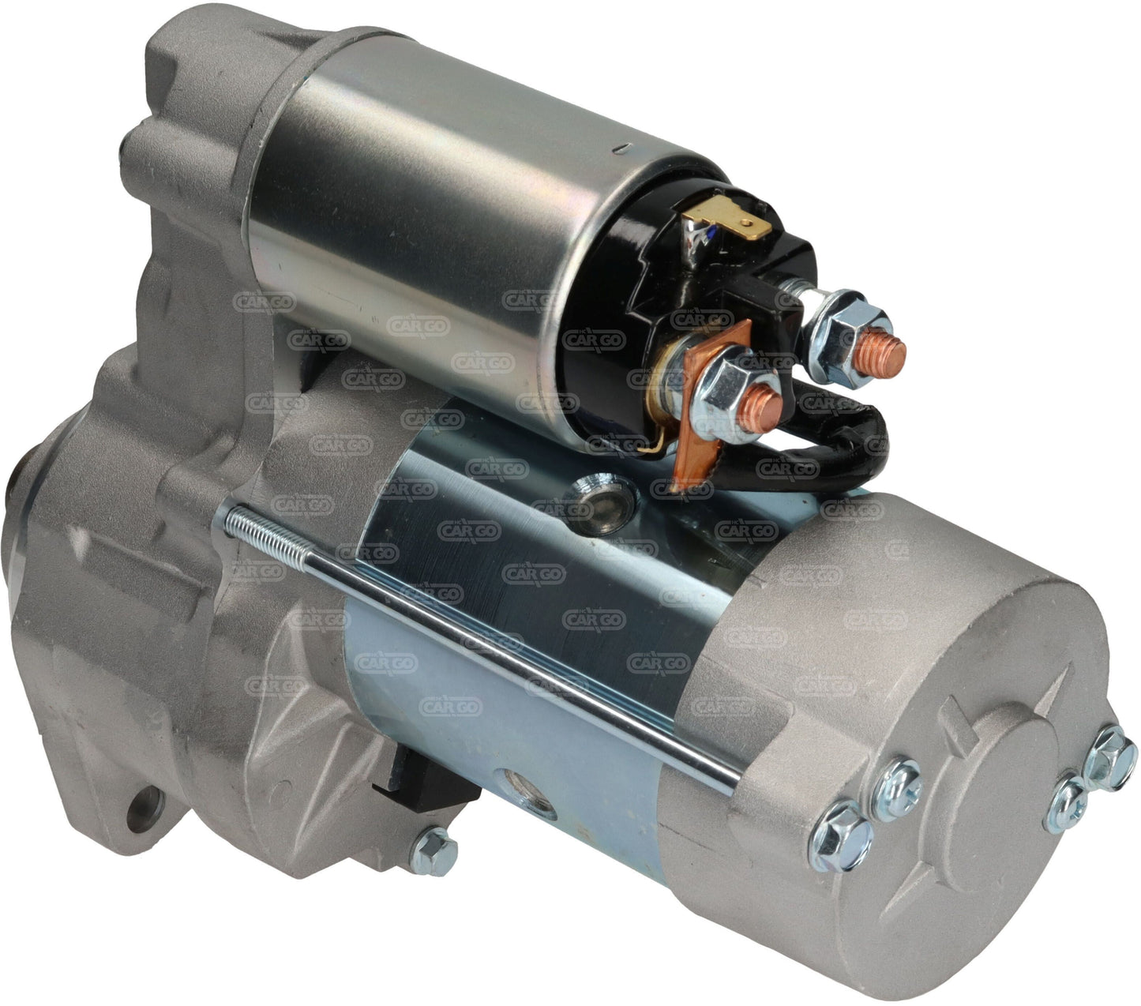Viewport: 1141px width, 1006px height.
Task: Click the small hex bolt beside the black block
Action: point(434,846)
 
